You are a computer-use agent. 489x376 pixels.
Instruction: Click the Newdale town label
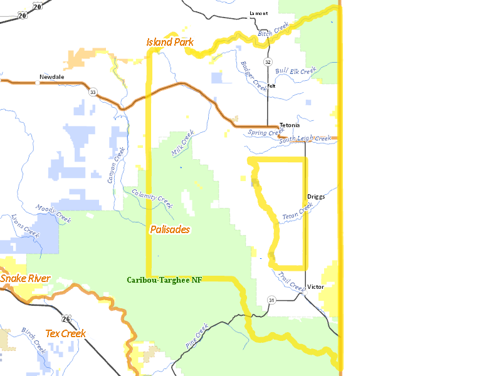pos(52,77)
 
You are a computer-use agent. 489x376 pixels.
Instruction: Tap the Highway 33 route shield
pos(93,92)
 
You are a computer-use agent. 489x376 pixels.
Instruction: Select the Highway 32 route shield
pos(268,62)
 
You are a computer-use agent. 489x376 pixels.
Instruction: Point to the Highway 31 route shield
pos(271,300)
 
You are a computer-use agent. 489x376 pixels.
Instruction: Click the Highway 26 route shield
pos(66,318)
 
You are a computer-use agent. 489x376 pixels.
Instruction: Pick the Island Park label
pos(169,42)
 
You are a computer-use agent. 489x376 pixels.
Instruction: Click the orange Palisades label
pos(170,229)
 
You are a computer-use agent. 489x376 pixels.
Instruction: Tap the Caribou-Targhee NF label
pos(164,280)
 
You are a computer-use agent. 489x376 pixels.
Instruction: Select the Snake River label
pos(24,278)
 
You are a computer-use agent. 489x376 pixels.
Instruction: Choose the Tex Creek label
pos(65,333)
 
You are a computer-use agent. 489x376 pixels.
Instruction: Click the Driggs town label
pos(316,196)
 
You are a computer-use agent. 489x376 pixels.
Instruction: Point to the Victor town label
pos(315,287)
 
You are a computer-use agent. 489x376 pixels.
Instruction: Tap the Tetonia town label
pos(290,125)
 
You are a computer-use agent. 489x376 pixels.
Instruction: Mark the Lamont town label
pos(258,13)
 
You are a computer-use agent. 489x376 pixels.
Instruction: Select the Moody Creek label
pos(53,214)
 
